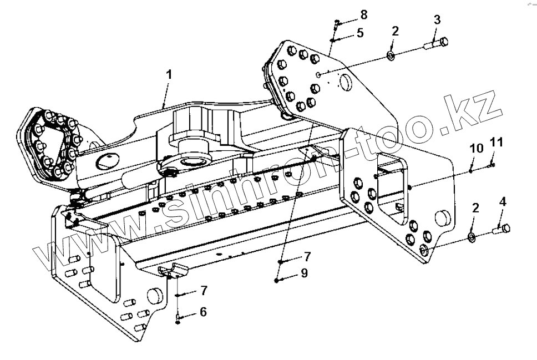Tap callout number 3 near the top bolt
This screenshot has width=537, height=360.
click(x=437, y=19)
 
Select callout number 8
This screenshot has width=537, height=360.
click(x=363, y=14)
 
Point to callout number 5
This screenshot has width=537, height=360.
click(x=360, y=33)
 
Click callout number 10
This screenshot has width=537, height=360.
click(x=477, y=148)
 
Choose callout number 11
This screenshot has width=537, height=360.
click(x=497, y=143)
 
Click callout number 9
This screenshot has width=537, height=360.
click(x=305, y=273)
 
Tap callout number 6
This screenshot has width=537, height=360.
click(x=202, y=312)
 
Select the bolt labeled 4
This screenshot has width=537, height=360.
click(x=501, y=228)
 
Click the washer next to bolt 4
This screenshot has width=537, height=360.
click(x=472, y=238)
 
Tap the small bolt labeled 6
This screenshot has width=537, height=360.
click(x=177, y=319)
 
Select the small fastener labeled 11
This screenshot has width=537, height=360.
click(x=491, y=163)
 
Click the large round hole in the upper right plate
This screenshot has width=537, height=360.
click(x=345, y=82)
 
